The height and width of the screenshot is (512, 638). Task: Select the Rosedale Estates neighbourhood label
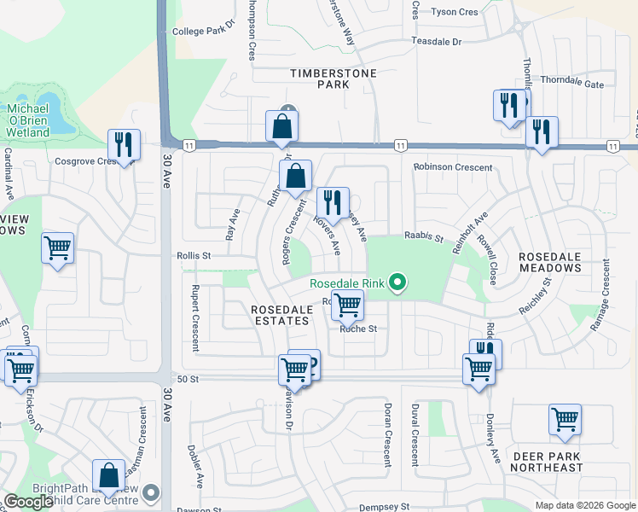point(280,315)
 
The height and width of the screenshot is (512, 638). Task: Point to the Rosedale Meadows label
point(549,262)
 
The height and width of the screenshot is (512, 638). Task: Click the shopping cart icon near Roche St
point(347,304)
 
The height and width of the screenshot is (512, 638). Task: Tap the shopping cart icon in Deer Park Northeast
point(565,419)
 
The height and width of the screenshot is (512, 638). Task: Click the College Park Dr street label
point(203,32)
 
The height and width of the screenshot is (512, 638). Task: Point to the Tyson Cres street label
point(455,12)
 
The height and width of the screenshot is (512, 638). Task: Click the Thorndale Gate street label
point(571,84)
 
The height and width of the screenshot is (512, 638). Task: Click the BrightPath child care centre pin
point(152,492)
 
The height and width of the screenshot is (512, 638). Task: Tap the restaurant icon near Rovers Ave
point(333,202)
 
